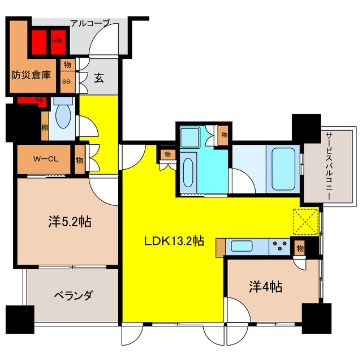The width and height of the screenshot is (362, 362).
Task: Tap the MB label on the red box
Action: (x=57, y=41)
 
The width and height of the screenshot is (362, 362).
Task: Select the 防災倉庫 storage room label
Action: (x=31, y=74)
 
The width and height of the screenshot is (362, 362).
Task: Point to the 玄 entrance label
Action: (x=99, y=79)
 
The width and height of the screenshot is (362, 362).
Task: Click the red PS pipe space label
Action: (x=39, y=101)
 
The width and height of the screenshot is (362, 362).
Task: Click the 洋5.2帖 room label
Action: (x=69, y=221)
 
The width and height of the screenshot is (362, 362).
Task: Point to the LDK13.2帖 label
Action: (x=174, y=241)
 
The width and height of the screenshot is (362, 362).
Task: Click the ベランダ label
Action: (x=74, y=295)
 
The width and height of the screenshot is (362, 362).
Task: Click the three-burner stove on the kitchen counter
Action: (x=279, y=247)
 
